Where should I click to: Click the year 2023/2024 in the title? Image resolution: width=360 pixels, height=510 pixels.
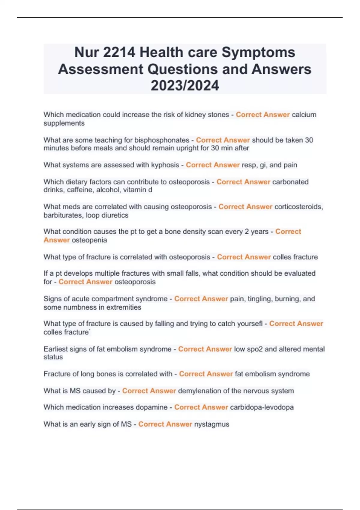tap(185, 85)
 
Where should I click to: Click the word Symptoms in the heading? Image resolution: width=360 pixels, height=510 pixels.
tap(258, 52)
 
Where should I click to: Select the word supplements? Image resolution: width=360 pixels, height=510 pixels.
tap(64, 123)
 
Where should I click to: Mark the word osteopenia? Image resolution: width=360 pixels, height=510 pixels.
tap(89, 240)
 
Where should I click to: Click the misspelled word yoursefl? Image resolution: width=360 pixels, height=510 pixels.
tap(250, 324)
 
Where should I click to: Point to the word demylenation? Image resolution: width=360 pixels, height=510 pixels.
tap(196, 391)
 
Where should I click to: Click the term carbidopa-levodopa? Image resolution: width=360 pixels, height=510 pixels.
tap(262, 407)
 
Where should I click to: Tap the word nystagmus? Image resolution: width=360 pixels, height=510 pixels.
tap(211, 424)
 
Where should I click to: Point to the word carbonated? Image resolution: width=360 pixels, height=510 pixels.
tap(290, 182)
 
